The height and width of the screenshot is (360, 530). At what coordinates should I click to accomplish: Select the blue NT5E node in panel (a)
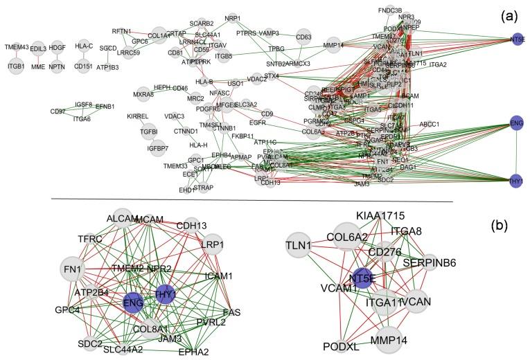tap(517, 39)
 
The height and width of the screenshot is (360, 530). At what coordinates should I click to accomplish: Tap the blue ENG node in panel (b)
tap(133, 301)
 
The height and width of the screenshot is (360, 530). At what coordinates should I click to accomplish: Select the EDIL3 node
tap(38, 48)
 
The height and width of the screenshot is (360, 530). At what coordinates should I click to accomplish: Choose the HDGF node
tap(58, 48)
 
